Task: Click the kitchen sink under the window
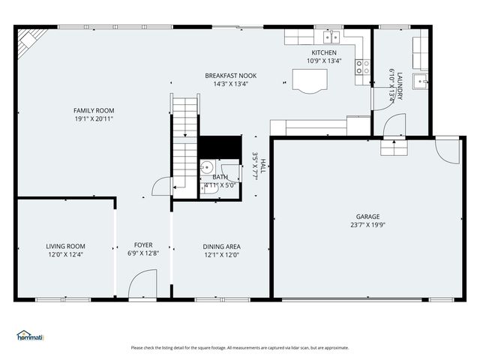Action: coord(329,37)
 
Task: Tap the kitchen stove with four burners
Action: coord(362,65)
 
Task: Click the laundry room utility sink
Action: coord(422,81)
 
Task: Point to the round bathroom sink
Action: coord(207,169)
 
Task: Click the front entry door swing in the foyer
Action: coord(141,285)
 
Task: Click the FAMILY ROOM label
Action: coord(94,110)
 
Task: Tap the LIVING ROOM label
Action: coord(65,246)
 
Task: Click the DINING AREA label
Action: coord(221,246)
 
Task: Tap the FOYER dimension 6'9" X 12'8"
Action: coord(143,253)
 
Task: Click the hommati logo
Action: coord(31,335)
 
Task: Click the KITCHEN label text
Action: coord(324,52)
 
